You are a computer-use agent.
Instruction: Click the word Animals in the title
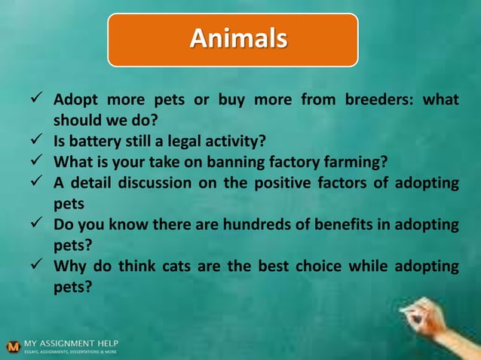pyautogui.click(x=237, y=38)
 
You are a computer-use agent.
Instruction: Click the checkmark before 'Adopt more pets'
pyautogui.click(x=35, y=99)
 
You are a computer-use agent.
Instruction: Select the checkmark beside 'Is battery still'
pyautogui.click(x=35, y=140)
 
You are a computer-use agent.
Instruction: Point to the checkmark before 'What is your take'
pyautogui.click(x=35, y=160)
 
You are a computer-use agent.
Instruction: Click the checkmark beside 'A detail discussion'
pyautogui.click(x=35, y=182)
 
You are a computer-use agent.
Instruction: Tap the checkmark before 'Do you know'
pyautogui.click(x=35, y=223)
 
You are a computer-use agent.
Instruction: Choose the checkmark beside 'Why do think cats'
pyautogui.click(x=35, y=265)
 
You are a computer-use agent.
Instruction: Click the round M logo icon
pyautogui.click(x=12, y=347)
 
